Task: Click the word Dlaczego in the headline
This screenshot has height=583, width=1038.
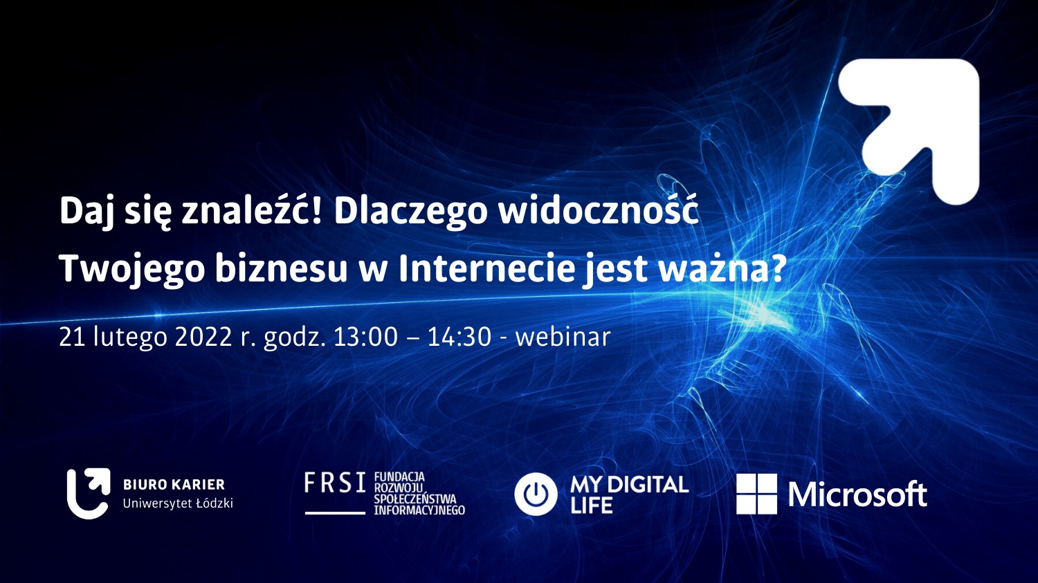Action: tap(410, 213)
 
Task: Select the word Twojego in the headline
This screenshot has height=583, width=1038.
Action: tap(132, 270)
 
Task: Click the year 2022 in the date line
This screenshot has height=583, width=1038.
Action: tap(203, 337)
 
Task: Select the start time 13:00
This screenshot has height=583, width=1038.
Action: tap(365, 337)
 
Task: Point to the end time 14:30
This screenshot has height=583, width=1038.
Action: tap(459, 337)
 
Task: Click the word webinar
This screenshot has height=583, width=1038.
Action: tap(563, 337)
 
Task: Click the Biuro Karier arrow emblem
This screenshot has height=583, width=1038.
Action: tap(89, 494)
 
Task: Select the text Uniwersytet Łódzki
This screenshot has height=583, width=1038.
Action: tap(178, 503)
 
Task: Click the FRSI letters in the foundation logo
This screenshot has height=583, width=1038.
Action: tap(335, 483)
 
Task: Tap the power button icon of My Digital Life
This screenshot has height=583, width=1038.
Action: tap(536, 494)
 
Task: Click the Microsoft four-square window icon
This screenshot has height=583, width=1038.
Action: tap(757, 494)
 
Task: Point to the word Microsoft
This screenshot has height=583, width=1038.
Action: tap(857, 494)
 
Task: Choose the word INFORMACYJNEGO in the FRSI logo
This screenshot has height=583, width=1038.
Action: tap(419, 511)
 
